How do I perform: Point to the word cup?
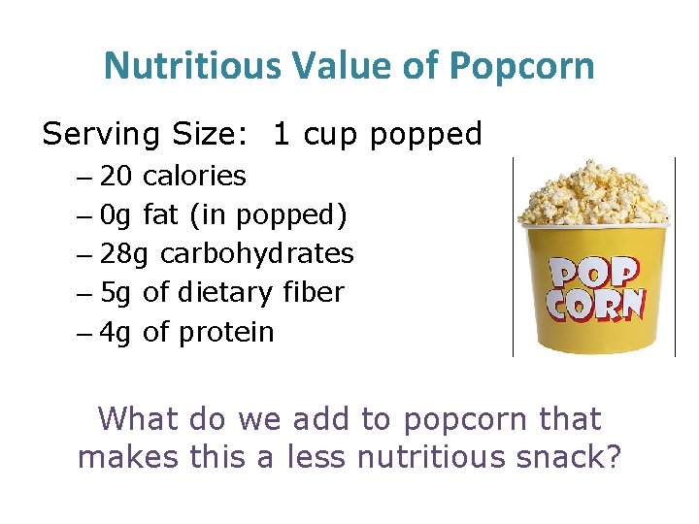pos(329,134)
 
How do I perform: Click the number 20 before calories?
pos(116,176)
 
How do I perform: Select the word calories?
pos(194,176)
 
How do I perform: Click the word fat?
pos(160,214)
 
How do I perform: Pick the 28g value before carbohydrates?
pos(125,254)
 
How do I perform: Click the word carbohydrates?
pos(257,254)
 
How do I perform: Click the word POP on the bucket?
pos(594,273)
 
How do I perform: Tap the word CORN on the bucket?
pos(594,305)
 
